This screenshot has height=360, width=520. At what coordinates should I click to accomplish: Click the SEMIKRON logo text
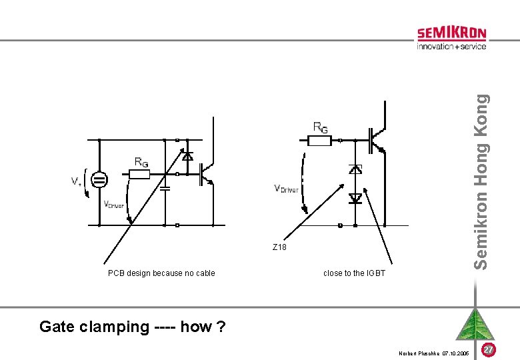click(x=451, y=33)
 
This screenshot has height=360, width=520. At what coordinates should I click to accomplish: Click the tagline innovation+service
click(x=451, y=47)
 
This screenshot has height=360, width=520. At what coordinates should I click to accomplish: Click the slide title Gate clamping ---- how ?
click(x=133, y=327)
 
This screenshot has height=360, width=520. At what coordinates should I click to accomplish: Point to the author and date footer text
click(x=433, y=352)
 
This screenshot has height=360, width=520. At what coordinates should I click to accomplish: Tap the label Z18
click(x=279, y=247)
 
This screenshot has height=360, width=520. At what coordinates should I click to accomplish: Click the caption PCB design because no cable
click(x=161, y=273)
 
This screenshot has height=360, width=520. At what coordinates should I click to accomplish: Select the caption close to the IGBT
click(x=354, y=273)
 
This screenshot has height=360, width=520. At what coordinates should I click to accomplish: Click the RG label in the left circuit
click(x=141, y=162)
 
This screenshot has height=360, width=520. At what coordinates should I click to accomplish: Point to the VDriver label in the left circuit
click(x=113, y=205)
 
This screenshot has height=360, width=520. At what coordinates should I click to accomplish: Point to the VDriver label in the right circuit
click(x=286, y=189)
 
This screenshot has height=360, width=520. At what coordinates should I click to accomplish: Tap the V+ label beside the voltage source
click(x=77, y=181)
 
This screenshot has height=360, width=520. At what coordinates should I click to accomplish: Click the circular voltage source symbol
click(x=99, y=180)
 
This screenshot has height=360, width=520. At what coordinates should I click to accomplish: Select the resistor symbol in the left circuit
click(x=139, y=175)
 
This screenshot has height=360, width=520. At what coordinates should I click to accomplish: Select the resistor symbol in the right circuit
click(x=318, y=141)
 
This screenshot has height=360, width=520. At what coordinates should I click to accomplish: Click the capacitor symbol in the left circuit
click(x=165, y=188)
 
